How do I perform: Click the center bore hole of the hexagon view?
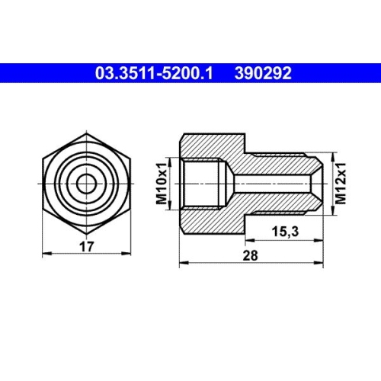coord(85,183)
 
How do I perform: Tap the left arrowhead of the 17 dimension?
coord(43,251)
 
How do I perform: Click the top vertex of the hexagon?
coord(85,135)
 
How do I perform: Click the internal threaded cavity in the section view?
coord(204,184)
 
